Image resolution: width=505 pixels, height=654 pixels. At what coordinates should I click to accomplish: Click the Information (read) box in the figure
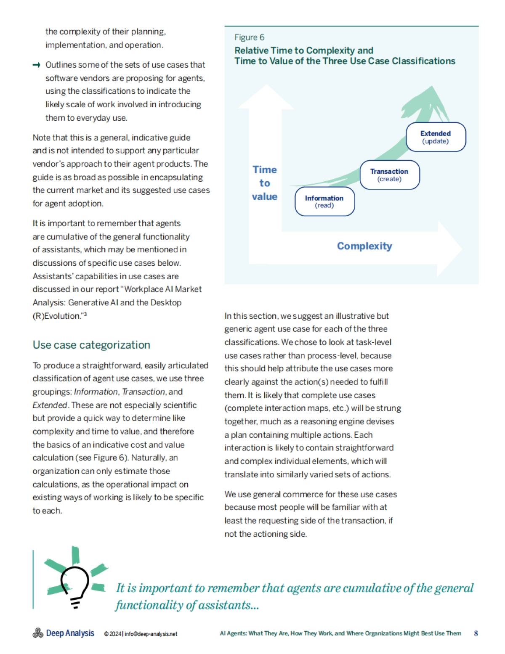(324, 201)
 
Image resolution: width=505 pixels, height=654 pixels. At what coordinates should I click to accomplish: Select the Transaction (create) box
(389, 175)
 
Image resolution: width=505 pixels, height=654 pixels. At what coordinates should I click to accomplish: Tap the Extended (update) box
(436, 137)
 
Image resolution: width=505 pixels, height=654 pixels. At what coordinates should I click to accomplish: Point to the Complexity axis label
(364, 246)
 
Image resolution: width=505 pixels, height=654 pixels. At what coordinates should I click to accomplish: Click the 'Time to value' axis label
(265, 183)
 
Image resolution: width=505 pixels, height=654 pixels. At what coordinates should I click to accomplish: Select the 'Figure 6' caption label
(250, 37)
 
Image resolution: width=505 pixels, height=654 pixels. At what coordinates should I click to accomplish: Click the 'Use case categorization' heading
(91, 345)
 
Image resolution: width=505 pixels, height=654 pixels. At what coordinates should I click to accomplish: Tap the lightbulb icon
(74, 584)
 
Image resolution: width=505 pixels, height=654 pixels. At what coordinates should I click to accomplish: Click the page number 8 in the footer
(476, 633)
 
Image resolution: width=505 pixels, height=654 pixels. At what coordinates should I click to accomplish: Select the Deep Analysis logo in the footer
(64, 633)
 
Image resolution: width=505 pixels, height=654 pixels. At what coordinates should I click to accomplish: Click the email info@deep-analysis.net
(151, 634)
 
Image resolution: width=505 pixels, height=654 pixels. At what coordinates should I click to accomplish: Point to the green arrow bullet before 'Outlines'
(37, 65)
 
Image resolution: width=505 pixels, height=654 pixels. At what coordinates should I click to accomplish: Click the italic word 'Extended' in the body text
(50, 405)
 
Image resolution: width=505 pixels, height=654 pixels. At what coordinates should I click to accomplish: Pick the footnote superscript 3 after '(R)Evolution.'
(85, 314)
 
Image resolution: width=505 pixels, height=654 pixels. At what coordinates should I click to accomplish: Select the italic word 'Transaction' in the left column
(143, 392)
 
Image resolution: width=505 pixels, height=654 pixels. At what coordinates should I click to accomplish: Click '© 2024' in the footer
(112, 634)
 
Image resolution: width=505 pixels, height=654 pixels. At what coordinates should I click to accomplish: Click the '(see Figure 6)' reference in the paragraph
(101, 458)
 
